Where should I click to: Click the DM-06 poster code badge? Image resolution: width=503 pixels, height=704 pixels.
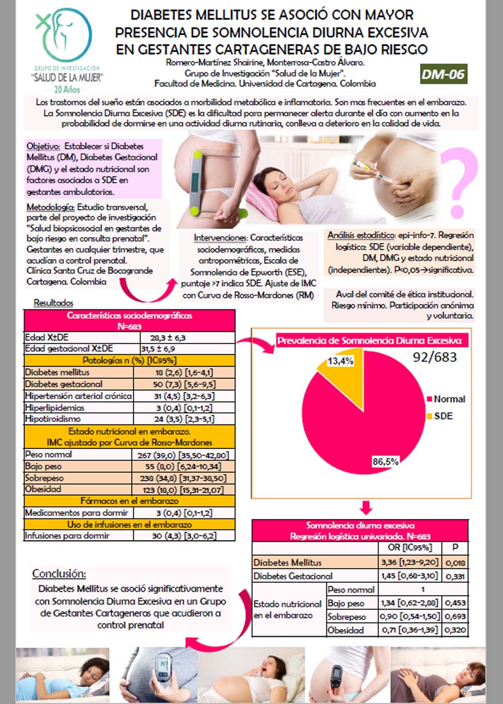pos(443,74)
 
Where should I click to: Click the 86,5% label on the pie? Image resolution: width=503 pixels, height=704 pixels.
pos(385,462)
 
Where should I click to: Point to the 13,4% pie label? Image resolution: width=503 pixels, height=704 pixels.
pos(341,361)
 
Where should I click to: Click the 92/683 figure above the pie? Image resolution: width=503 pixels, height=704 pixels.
pos(435,357)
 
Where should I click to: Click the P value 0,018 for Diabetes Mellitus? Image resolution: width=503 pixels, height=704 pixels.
pos(456,563)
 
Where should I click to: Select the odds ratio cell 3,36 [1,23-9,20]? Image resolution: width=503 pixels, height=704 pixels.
pos(409,562)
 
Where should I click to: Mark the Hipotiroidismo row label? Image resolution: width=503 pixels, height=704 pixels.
pos(53,419)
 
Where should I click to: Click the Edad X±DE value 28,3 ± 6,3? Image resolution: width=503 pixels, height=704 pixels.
pos(168,337)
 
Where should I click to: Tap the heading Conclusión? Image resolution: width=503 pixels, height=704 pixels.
pos(59,573)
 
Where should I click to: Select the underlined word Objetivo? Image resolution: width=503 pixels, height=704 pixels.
pos(43,146)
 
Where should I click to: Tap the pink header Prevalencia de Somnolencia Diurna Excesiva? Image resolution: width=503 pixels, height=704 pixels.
pos(369,340)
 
